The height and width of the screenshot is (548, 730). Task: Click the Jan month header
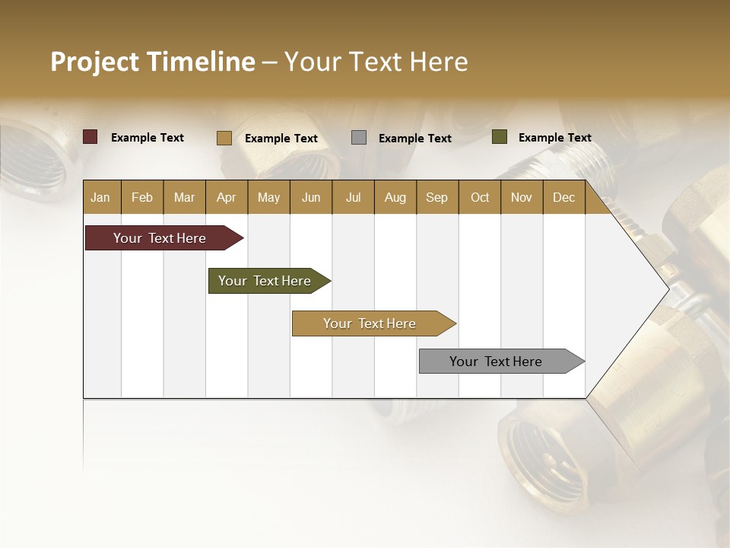click(100, 198)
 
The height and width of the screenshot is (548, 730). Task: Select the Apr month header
click(226, 198)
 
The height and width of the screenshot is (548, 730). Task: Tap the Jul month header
click(353, 198)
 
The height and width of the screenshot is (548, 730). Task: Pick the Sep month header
click(436, 198)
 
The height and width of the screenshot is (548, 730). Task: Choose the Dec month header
click(563, 198)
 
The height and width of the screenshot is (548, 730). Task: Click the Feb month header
click(142, 198)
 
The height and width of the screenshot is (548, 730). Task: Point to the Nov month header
click(521, 198)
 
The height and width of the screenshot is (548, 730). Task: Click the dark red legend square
click(90, 137)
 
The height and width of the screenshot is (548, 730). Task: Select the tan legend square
click(224, 138)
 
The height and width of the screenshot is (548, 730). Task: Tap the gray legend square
click(358, 138)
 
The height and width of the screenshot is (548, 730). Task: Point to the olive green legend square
click(499, 137)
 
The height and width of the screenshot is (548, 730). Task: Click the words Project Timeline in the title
click(152, 62)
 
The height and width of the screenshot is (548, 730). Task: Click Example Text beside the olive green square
click(554, 138)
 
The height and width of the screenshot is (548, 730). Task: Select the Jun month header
click(310, 198)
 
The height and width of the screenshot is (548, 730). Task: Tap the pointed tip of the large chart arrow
click(667, 288)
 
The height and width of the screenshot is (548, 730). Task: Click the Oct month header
click(479, 198)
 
